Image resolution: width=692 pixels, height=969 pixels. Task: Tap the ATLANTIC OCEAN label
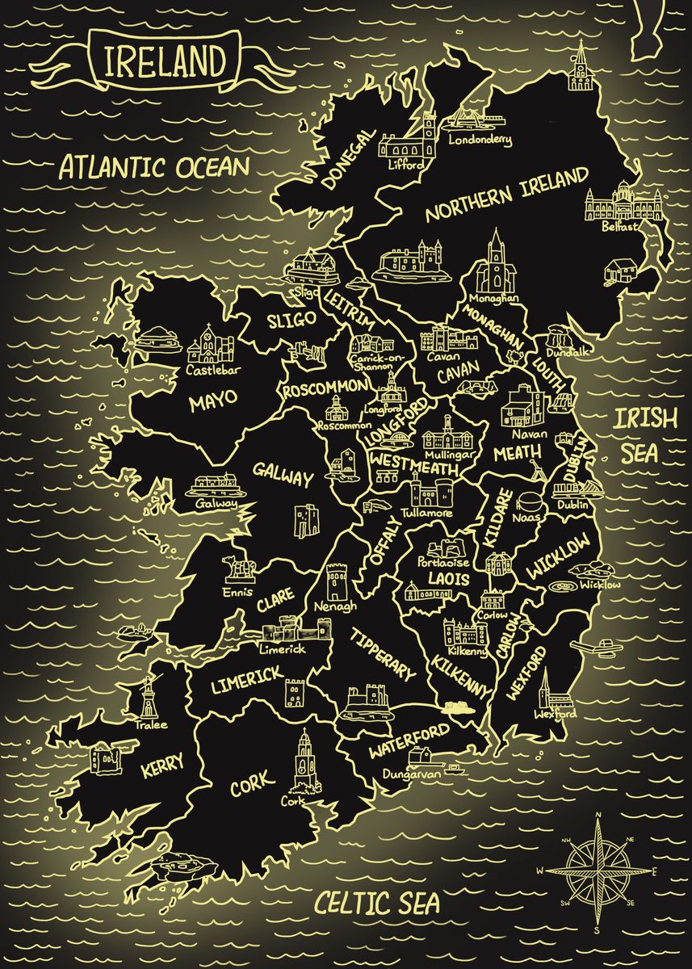(x=154, y=168)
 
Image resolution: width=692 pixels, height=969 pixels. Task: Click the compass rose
(x=598, y=871)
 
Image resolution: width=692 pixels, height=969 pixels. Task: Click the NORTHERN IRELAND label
(x=507, y=195)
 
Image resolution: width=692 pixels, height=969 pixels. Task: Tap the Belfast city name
(x=620, y=227)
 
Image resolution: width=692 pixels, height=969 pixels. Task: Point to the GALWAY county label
(x=282, y=475)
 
